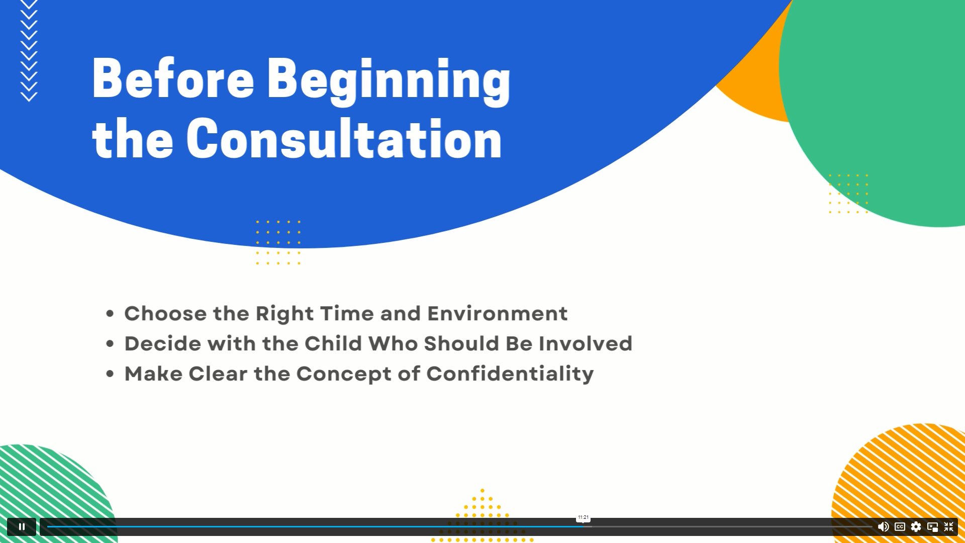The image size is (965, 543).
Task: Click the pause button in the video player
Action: tap(22, 526)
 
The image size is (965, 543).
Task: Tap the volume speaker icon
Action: tap(883, 526)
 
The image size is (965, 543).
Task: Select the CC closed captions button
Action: tap(900, 526)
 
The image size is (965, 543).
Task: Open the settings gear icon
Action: tap(916, 526)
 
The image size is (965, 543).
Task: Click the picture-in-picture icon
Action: tap(932, 527)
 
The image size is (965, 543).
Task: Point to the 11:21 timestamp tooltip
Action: tap(583, 517)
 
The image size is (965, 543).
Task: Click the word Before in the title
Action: tap(173, 78)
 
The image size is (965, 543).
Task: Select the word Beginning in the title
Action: tap(388, 81)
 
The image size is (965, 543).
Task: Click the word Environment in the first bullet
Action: tap(497, 313)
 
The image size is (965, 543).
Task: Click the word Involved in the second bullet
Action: tap(586, 343)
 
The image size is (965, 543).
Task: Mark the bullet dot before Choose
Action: tap(110, 314)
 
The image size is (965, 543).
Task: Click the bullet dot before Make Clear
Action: tap(110, 374)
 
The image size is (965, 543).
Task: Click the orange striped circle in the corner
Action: tap(900, 483)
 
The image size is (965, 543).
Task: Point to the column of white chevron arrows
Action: tap(29, 50)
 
